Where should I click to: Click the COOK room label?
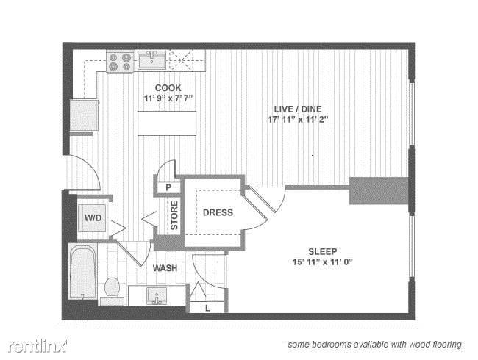(x=168, y=88)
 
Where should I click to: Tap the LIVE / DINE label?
(x=298, y=109)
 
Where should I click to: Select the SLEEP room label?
(x=323, y=251)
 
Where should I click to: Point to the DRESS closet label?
(x=218, y=212)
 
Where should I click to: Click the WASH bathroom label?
(x=165, y=268)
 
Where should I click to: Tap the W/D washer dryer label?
(x=93, y=217)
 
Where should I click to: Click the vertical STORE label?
(x=174, y=215)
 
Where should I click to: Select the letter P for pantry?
(x=168, y=187)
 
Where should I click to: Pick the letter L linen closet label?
(x=207, y=309)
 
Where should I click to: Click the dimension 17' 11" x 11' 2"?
(x=298, y=120)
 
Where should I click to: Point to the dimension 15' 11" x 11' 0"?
(x=322, y=262)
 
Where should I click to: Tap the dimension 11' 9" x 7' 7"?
(x=168, y=98)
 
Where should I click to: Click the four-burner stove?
(x=120, y=62)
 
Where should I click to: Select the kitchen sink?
(x=151, y=60)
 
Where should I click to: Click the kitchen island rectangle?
(x=167, y=123)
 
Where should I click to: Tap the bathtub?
(x=82, y=271)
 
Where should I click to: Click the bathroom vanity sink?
(x=157, y=296)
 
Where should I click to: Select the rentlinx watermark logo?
(x=38, y=346)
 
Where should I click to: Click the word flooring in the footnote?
(x=447, y=345)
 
